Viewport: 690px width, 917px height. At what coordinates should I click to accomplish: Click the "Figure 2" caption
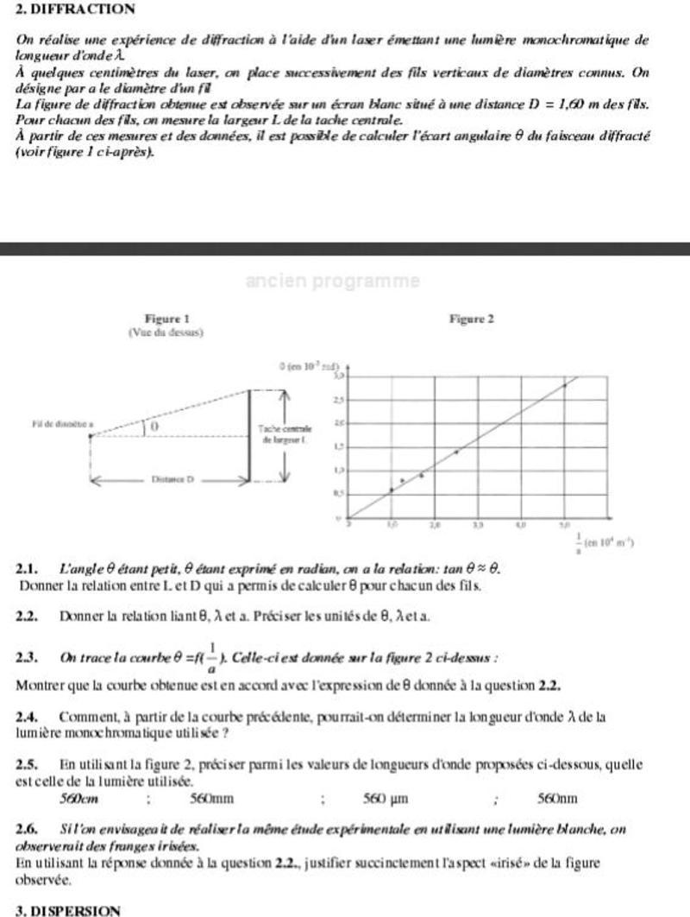pyautogui.click(x=472, y=319)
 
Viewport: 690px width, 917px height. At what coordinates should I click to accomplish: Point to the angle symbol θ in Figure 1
pyautogui.click(x=154, y=427)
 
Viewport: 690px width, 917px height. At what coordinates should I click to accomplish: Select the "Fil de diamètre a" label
pyautogui.click(x=62, y=425)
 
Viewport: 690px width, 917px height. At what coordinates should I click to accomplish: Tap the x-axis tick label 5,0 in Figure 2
pyautogui.click(x=564, y=524)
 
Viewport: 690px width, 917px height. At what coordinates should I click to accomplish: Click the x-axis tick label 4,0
pyautogui.click(x=521, y=524)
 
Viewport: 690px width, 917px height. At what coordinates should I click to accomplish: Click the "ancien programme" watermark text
pyautogui.click(x=333, y=281)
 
